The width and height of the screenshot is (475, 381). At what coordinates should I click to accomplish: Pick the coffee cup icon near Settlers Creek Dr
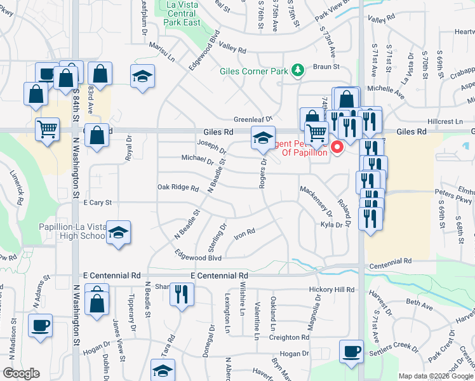(x=351, y=352)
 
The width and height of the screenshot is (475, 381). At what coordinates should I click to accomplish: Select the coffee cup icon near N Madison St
(x=41, y=326)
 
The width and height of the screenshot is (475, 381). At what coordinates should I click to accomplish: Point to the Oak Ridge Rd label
(x=178, y=187)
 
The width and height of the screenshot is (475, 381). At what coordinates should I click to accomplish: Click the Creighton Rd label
(x=288, y=337)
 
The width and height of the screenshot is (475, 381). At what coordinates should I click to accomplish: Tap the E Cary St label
(x=98, y=203)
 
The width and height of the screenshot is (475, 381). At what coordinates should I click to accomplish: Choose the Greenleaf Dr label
(x=252, y=119)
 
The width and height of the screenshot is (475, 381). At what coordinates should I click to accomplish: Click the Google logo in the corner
(x=22, y=374)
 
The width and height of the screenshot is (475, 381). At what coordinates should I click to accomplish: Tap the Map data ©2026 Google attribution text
(x=436, y=376)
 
